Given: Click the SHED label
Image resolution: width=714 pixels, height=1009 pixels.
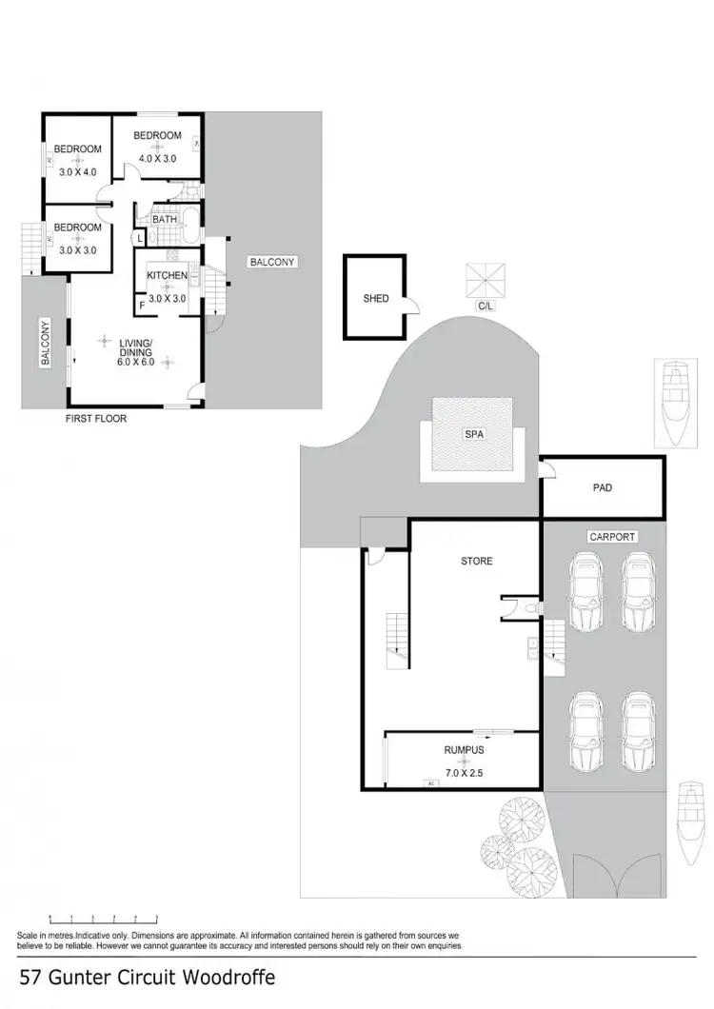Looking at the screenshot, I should coord(376,299).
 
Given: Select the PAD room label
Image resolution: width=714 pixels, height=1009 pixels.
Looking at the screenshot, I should coord(602,488).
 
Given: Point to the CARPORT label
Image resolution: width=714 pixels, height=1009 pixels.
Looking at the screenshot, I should coord(612,537).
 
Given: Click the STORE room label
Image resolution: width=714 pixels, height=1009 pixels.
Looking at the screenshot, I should coord(477,561).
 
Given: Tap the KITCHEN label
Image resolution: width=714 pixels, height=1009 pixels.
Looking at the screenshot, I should coord(167,276).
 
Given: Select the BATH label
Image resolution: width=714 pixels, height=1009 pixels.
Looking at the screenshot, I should coord(165,219).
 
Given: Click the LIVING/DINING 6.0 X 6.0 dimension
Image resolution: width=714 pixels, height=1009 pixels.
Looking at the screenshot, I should coord(136,362).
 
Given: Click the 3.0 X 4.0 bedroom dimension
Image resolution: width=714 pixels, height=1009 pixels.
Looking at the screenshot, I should coord(78,172).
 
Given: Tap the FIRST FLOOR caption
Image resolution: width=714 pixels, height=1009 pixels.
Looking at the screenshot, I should coord(95,418).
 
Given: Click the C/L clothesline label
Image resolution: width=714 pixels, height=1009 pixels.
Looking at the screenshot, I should coord(485,307).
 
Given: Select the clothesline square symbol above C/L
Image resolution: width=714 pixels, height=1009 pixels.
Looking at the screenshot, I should coord(486,279).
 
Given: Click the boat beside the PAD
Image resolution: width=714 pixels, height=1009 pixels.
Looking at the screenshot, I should coord(675,403).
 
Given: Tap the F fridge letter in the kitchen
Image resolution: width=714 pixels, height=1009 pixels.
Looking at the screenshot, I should coord(142,305).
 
